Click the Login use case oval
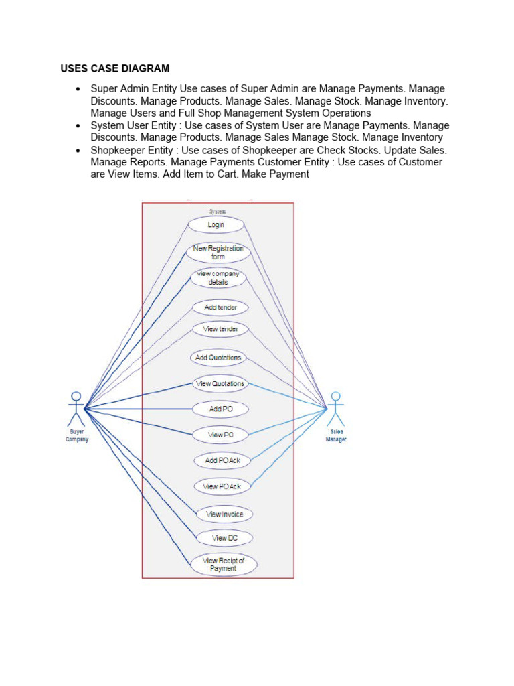[x=216, y=225]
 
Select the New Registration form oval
[x=218, y=253]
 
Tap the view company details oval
[x=218, y=278]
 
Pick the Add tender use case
[x=220, y=307]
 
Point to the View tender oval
[x=220, y=329]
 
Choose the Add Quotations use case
[x=218, y=358]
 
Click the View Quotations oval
[x=220, y=384]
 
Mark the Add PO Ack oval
[x=222, y=461]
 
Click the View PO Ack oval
[x=222, y=486]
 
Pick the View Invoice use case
[x=224, y=514]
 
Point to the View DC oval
[x=224, y=538]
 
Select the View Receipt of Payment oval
[x=224, y=565]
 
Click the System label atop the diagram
[x=218, y=211]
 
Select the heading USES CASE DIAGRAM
[x=115, y=68]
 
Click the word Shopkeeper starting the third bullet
[x=119, y=150]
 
